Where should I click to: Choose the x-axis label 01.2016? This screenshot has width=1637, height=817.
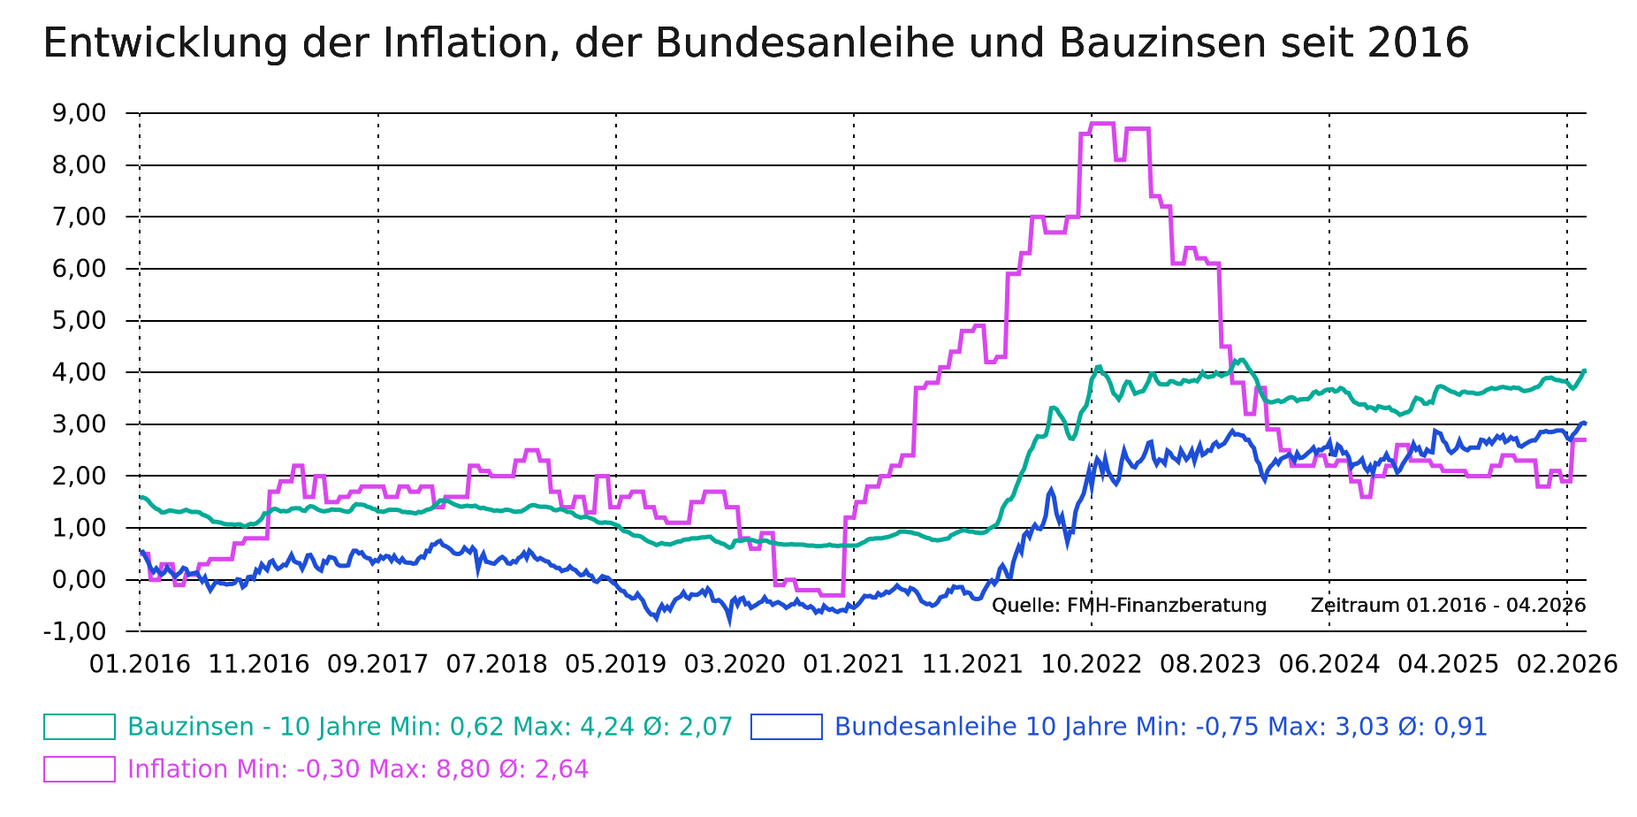140,664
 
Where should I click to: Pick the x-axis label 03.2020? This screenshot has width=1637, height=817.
735,664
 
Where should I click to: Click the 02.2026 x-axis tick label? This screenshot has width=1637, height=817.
1567,664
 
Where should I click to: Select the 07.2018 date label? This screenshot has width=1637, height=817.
497,664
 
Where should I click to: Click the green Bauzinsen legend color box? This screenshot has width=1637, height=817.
80,727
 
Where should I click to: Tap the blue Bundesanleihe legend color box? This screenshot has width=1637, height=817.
787,727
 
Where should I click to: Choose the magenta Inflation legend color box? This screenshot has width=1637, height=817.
80,769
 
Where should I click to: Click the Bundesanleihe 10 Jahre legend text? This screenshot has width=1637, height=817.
963,727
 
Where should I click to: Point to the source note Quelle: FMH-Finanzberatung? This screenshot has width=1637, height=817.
1129,606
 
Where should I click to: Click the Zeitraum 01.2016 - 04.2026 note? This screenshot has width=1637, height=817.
1448,606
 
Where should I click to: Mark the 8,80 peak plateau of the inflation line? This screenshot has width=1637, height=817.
1102,124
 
